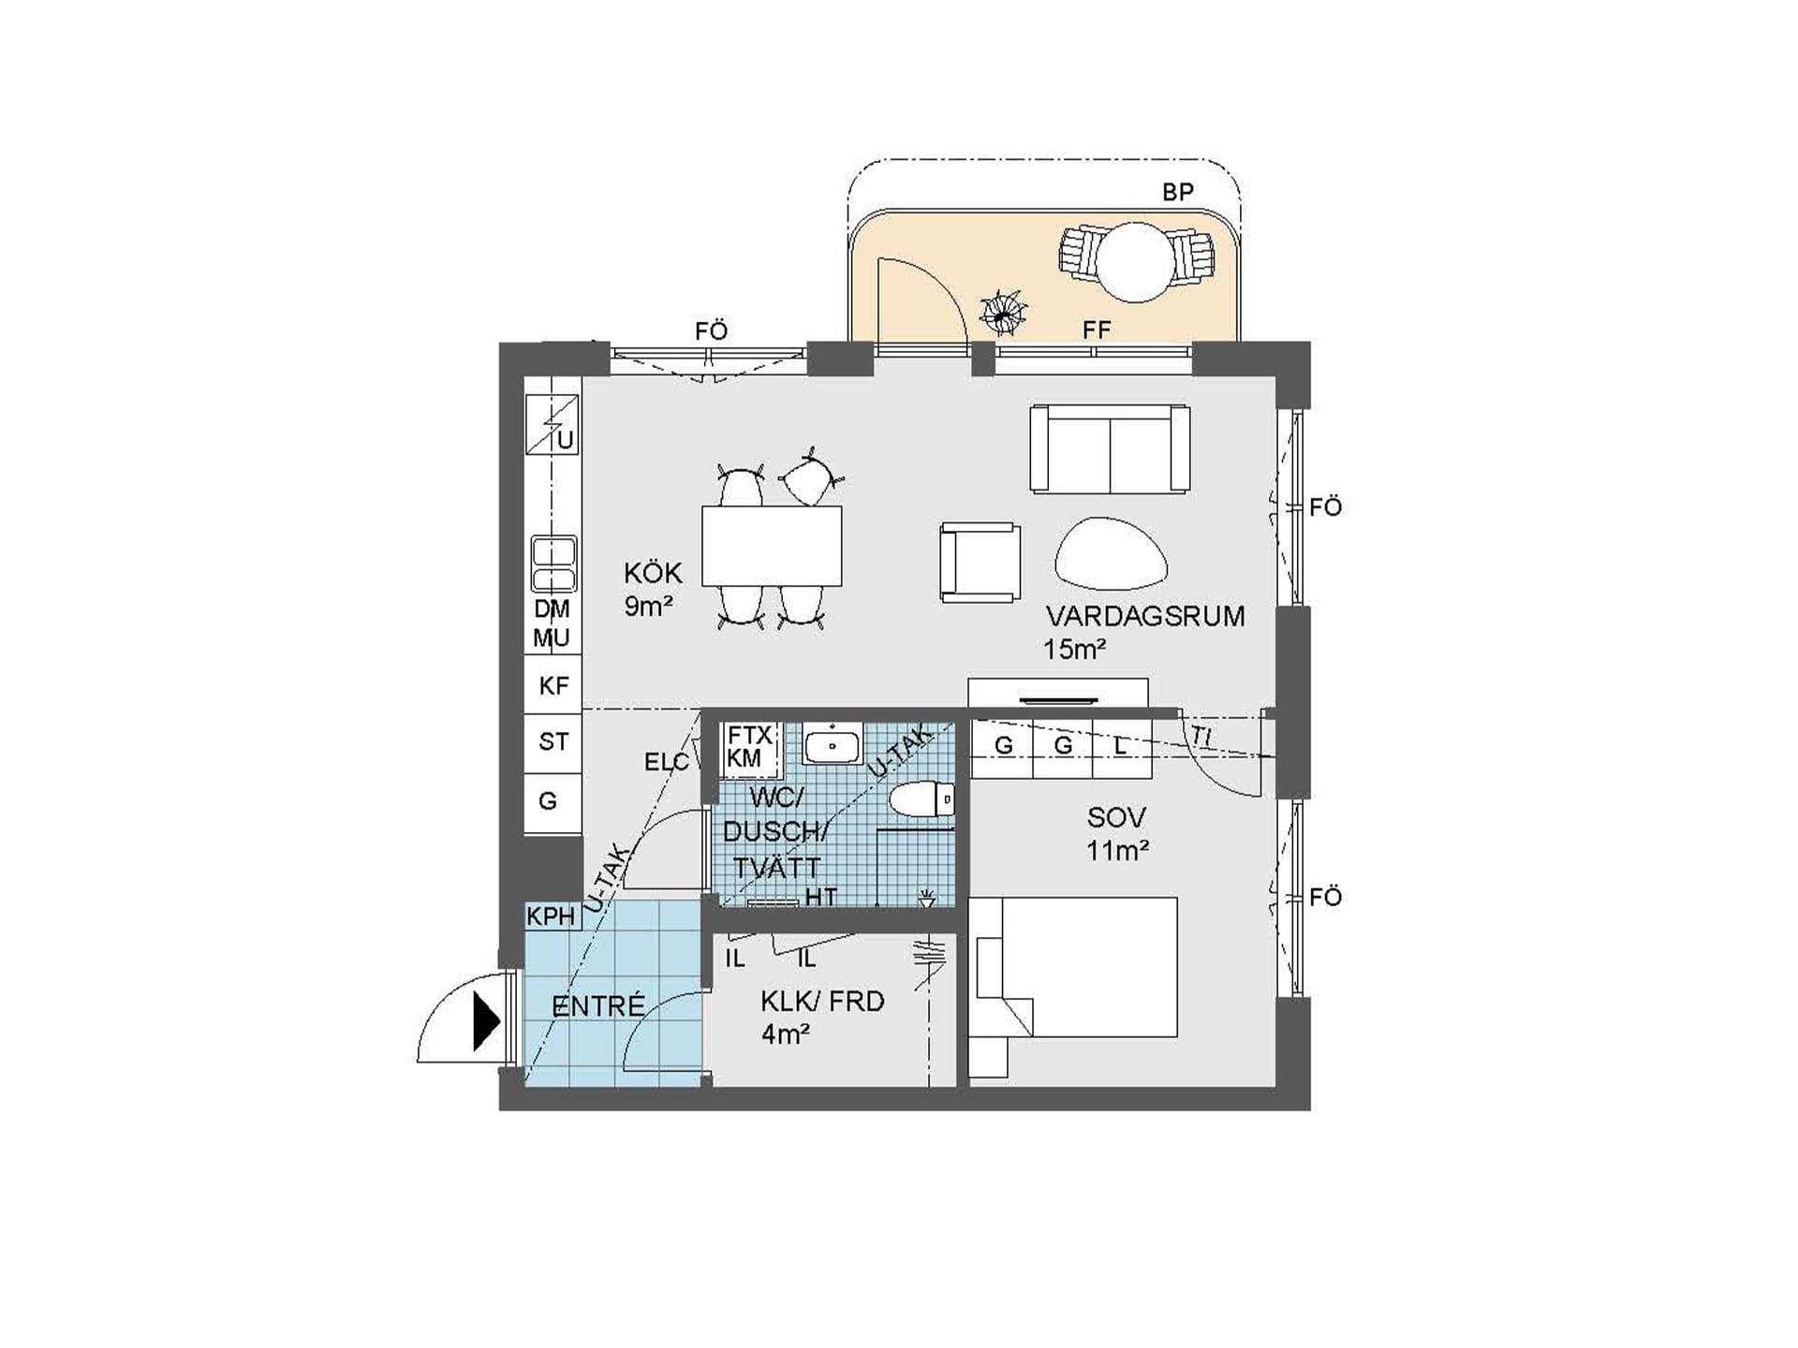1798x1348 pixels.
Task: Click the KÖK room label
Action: click(x=653, y=573)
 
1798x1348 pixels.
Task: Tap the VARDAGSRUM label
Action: click(x=1145, y=616)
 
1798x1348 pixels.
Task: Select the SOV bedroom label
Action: click(x=1116, y=817)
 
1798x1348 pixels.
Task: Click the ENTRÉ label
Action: click(x=598, y=1006)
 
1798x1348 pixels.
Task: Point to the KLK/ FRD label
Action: click(x=822, y=1002)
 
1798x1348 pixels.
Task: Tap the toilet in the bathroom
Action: click(x=921, y=799)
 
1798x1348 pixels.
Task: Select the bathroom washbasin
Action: click(x=832, y=745)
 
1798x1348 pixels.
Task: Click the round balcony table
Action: click(x=1135, y=262)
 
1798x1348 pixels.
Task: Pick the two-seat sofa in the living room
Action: click(x=1110, y=448)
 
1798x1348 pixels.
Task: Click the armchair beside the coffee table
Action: click(x=980, y=562)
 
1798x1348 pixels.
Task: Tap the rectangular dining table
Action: click(x=772, y=546)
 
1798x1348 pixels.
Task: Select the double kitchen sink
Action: click(x=553, y=564)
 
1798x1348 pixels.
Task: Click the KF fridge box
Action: click(x=553, y=685)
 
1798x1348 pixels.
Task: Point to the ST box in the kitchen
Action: click(x=553, y=743)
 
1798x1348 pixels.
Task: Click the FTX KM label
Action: click(x=749, y=747)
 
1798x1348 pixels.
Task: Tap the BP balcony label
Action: click(x=1178, y=192)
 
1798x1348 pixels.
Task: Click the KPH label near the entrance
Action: click(x=551, y=916)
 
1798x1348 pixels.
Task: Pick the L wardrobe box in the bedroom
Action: click(x=1122, y=746)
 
